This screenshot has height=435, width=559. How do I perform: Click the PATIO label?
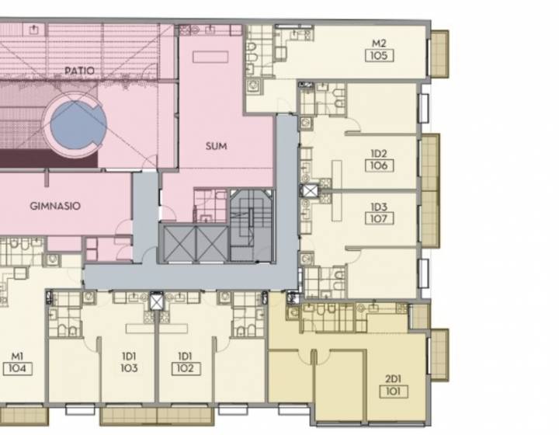[x=79, y=70]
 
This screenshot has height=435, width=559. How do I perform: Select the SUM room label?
[x=216, y=146]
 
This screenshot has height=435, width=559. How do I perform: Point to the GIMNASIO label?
[x=55, y=206]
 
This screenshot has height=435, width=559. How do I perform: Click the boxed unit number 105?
[x=380, y=56]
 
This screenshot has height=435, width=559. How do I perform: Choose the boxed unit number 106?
[x=380, y=165]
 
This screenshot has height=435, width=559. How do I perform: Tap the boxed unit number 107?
[x=380, y=218]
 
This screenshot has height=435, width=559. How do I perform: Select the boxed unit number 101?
[x=393, y=391]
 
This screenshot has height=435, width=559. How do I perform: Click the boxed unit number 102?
[x=186, y=368]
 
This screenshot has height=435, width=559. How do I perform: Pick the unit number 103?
[x=129, y=368]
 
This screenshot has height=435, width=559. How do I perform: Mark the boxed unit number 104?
[x=17, y=368]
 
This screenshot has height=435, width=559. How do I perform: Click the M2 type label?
[x=379, y=43]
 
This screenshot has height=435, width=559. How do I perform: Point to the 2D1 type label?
[x=393, y=378]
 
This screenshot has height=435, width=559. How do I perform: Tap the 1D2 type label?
[x=379, y=154]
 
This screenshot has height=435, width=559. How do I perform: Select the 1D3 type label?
[x=379, y=207]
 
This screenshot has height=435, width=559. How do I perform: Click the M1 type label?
[x=17, y=356]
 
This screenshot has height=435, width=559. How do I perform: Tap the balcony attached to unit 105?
[x=439, y=54]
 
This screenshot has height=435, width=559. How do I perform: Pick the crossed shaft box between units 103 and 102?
[x=157, y=301]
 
